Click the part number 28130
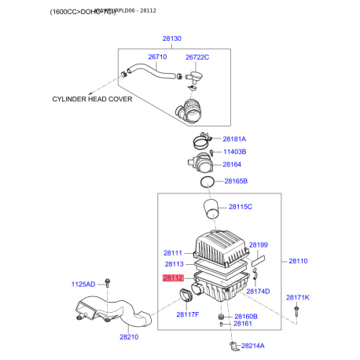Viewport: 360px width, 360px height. click(171, 39)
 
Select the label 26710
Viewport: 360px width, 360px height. click(158, 57)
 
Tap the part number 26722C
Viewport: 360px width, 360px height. click(197, 57)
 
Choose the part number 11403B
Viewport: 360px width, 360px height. click(235, 151)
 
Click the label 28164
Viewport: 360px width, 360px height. click(232, 164)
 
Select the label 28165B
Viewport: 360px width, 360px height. click(236, 181)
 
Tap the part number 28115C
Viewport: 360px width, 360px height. click(240, 207)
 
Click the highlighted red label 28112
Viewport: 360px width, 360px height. click(173, 277)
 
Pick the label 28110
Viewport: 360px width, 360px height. click(299, 260)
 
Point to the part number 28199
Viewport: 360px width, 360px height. click(259, 245)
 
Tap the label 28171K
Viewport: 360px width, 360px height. click(297, 297)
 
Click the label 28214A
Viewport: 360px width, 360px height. click(253, 345)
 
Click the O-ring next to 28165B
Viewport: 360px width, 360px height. click(207, 182)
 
